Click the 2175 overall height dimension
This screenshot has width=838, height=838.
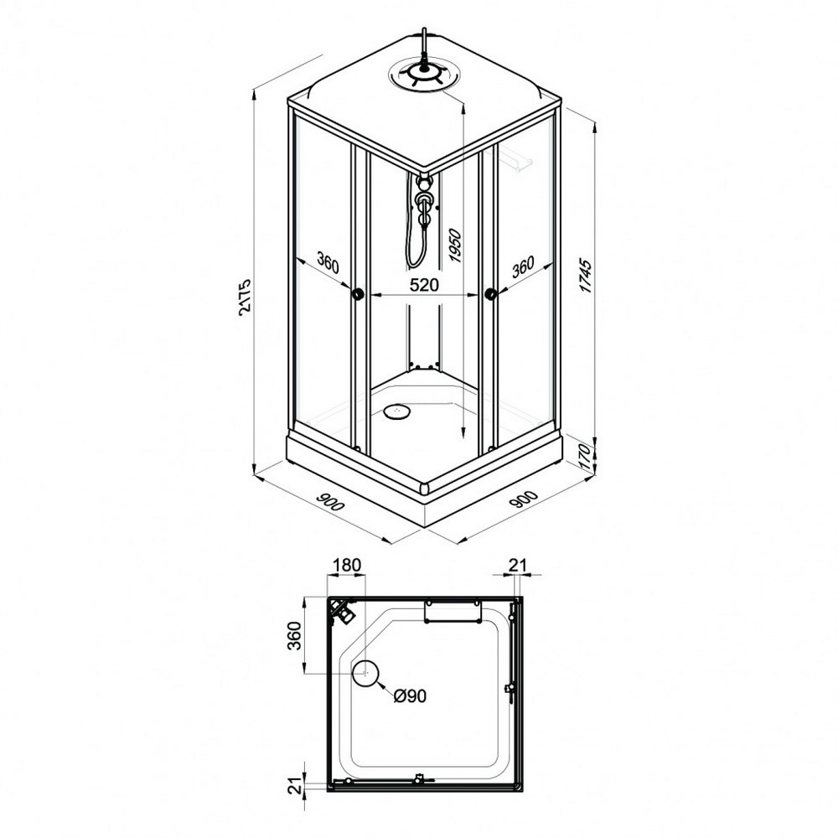pyautogui.click(x=244, y=297)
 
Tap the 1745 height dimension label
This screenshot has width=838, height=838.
pyautogui.click(x=586, y=276)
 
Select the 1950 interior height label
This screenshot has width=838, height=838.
pyautogui.click(x=454, y=246)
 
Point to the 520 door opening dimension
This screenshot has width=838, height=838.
pyautogui.click(x=424, y=285)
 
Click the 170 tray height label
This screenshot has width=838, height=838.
pyautogui.click(x=586, y=458)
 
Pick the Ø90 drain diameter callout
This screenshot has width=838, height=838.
pyautogui.click(x=410, y=696)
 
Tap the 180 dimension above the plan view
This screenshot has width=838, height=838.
pyautogui.click(x=347, y=564)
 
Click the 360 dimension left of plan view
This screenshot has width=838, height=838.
pyautogui.click(x=294, y=635)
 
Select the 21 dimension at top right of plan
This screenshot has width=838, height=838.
pyautogui.click(x=517, y=565)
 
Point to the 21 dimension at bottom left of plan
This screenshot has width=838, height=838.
pyautogui.click(x=294, y=787)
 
